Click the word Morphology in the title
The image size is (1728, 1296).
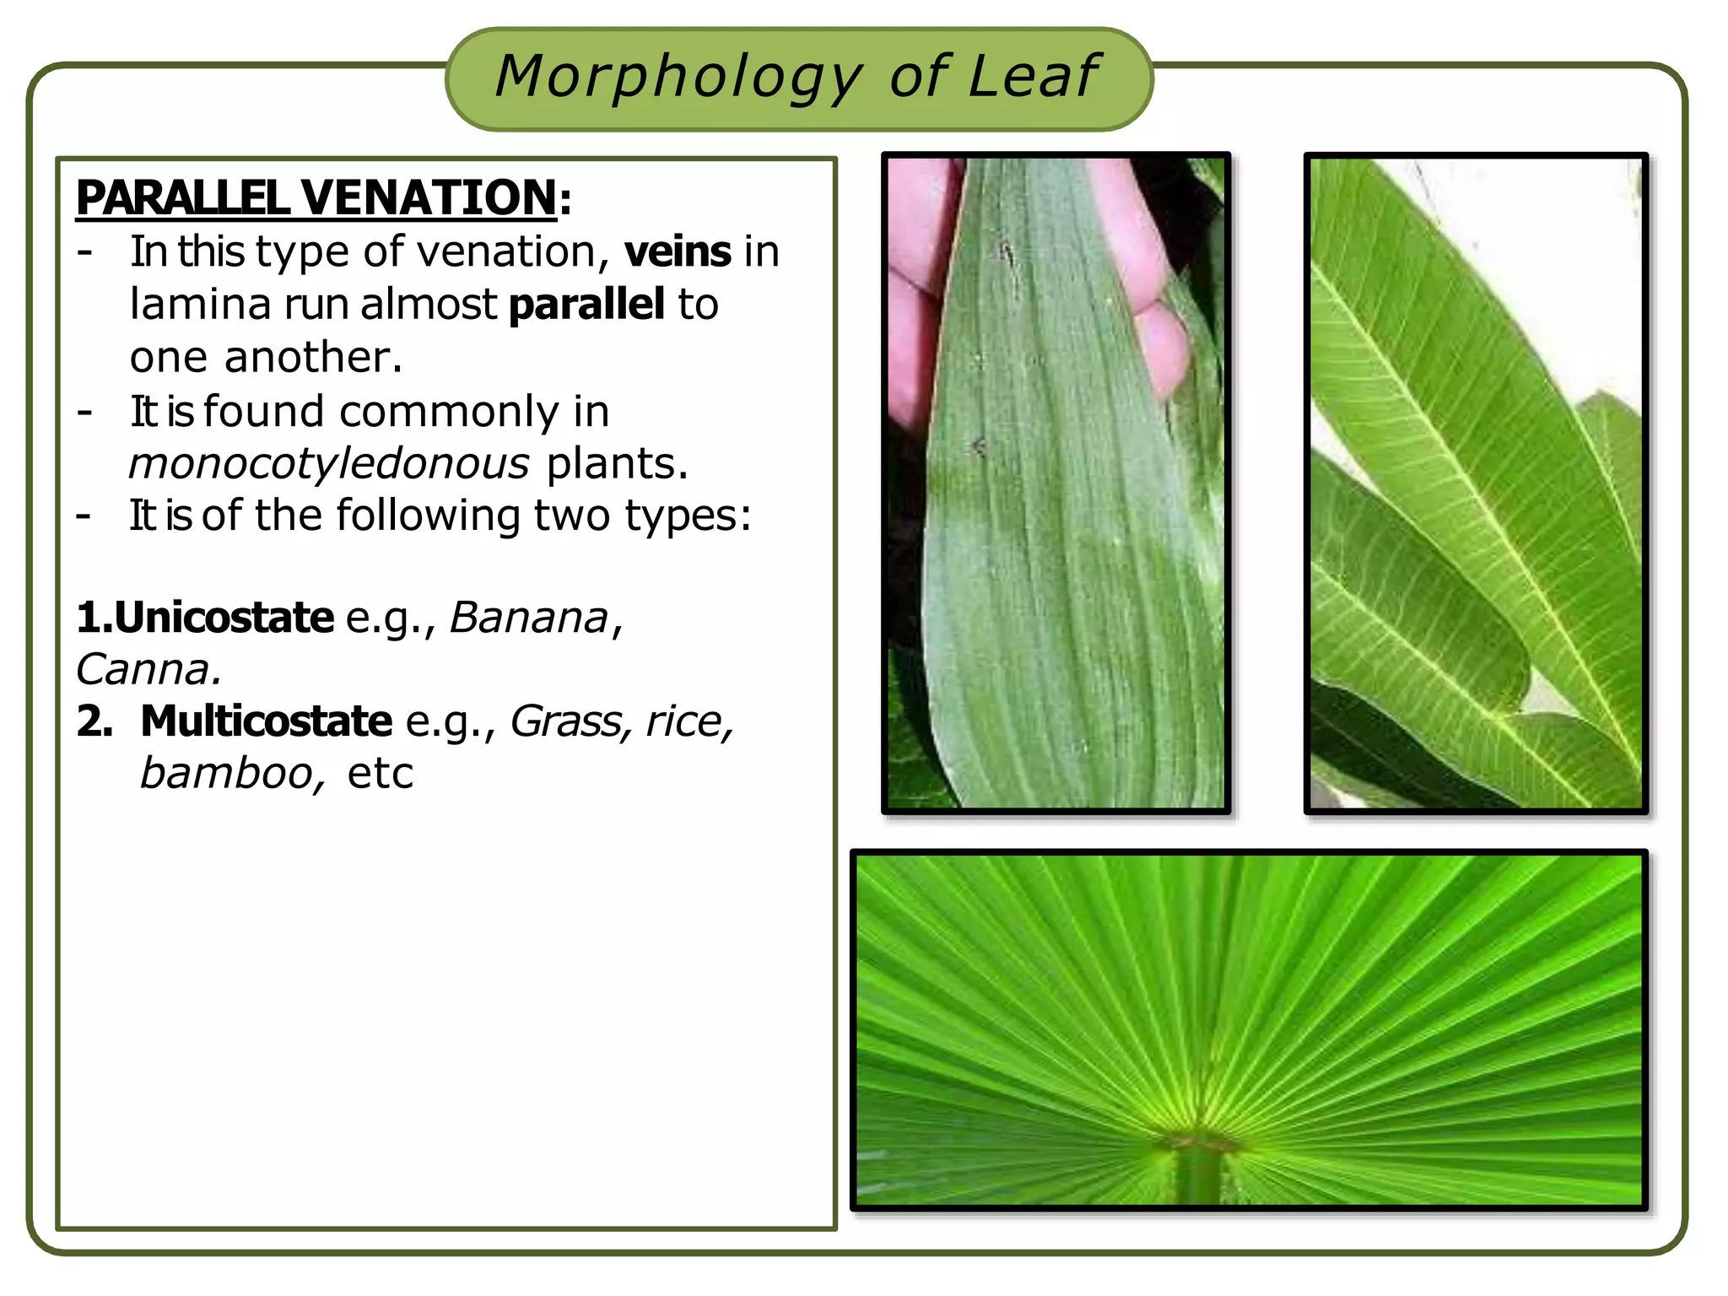(x=678, y=78)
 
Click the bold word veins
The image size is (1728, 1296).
(x=678, y=251)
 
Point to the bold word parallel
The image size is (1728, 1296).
(x=586, y=304)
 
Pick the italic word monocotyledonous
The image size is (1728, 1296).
(x=329, y=464)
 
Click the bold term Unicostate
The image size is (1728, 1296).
(x=223, y=618)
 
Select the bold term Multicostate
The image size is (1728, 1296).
(x=266, y=721)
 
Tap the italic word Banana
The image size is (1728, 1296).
(x=528, y=618)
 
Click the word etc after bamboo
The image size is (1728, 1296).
(x=381, y=774)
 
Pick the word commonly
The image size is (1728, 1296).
(x=448, y=412)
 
